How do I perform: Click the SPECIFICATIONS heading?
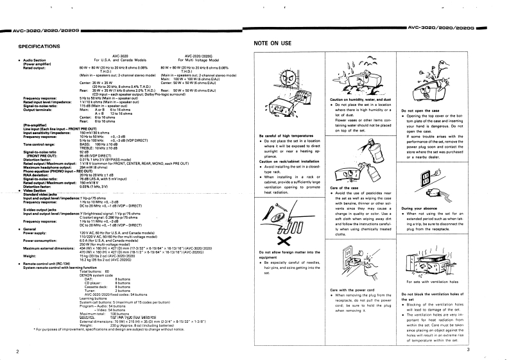(x=39, y=46)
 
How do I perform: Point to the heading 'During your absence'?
(x=418, y=209)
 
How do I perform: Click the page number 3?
(x=487, y=350)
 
